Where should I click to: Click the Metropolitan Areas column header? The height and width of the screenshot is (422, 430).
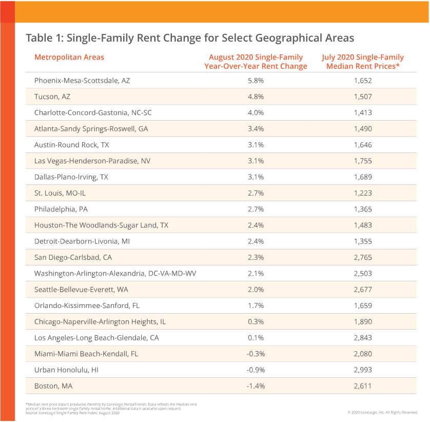69,57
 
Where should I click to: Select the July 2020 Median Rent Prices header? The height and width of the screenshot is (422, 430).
363,62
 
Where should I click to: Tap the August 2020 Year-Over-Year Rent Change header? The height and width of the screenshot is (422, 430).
256,62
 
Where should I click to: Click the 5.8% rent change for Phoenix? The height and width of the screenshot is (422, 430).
256,81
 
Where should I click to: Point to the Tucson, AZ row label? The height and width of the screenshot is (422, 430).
52,97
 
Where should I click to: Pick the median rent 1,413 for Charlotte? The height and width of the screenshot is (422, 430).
363,113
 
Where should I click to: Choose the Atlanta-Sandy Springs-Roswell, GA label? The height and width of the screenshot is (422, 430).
91,129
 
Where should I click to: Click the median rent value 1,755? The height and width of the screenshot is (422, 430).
363,161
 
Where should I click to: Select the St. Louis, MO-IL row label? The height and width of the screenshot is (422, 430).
60,193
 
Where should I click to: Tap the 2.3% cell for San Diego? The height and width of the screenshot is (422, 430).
256,257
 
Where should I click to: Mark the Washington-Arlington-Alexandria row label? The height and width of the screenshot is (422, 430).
115,274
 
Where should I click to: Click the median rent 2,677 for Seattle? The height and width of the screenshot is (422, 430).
363,290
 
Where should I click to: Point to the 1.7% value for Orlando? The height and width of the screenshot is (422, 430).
256,305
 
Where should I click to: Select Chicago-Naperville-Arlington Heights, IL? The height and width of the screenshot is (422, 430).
100,322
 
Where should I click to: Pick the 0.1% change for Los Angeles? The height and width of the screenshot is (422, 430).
256,338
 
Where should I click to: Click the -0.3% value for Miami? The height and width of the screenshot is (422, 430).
256,354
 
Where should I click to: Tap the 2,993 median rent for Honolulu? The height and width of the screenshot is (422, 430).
363,370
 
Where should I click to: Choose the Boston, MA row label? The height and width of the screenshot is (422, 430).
53,386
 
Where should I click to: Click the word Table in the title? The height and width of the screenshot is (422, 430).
39,38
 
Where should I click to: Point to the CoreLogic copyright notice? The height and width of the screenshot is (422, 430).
383,412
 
